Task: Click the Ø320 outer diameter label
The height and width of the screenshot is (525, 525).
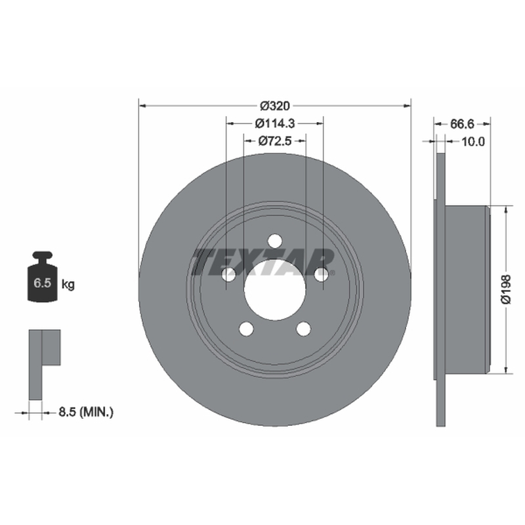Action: point(275,106)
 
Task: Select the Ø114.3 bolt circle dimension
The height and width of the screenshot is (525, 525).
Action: point(274,123)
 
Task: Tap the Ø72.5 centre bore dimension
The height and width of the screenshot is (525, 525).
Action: point(275,141)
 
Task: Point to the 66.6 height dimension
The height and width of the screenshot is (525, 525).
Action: point(463,124)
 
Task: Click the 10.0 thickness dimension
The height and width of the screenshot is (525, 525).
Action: point(473,142)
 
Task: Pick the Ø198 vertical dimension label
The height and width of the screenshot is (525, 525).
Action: point(506,289)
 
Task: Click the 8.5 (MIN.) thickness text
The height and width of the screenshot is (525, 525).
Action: point(86,412)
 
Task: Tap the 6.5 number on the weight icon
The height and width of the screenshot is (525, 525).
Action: point(42,283)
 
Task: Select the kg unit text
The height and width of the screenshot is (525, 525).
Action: point(68,285)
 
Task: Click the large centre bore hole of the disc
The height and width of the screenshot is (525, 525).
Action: point(275,289)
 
